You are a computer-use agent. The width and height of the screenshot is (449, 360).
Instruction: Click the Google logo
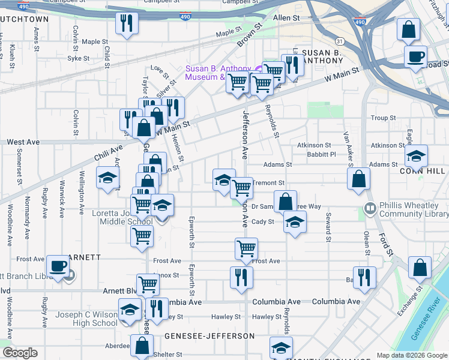[20, 353]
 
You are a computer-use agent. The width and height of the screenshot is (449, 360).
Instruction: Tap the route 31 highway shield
[340, 41]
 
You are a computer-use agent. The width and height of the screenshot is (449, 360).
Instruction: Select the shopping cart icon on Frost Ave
[246, 248]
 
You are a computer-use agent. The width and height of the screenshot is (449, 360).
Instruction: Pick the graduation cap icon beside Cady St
[294, 223]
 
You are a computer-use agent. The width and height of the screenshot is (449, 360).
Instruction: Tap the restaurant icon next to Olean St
[364, 277]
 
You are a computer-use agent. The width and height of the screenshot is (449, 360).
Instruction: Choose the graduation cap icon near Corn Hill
[416, 157]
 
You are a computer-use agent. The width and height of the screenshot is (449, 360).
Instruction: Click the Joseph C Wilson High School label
[87, 319]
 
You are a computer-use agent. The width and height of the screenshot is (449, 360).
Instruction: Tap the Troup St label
[384, 118]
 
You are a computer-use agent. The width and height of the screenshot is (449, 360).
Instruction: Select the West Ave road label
[23, 142]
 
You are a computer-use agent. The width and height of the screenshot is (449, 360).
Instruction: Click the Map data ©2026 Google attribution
[412, 355]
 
